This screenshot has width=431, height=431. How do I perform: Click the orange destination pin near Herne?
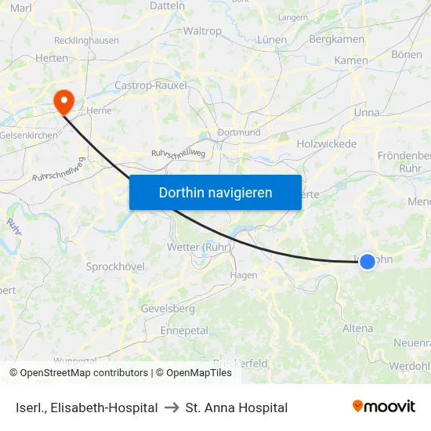click(62, 101)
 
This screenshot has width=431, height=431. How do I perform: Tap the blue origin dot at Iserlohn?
click(368, 262)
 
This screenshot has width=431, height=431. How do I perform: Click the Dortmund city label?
click(239, 132)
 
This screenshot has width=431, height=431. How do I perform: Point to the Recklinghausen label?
click(86, 40)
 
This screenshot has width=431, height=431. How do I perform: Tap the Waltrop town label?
click(202, 31)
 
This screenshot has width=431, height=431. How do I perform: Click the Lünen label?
click(271, 40)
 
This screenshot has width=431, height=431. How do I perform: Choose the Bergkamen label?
click(337, 39)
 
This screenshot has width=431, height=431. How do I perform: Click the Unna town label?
click(367, 113)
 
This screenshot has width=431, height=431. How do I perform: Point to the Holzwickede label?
click(327, 144)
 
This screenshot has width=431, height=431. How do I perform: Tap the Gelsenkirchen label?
click(28, 136)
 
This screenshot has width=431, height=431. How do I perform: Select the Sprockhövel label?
click(115, 266)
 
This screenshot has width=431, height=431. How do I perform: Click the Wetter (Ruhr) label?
click(198, 248)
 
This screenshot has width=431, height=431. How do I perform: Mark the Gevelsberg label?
click(168, 309)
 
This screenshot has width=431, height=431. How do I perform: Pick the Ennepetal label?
click(184, 331)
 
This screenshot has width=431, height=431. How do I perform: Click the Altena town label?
click(357, 328)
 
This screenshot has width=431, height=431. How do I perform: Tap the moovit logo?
click(384, 407)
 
